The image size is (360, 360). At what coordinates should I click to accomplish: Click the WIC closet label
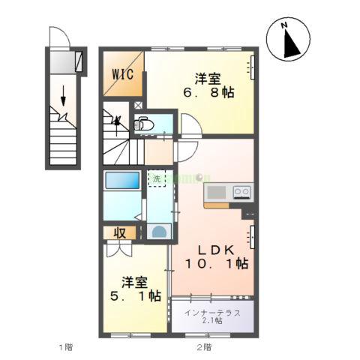[123, 74]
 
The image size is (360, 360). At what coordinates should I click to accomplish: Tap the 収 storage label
[119, 233]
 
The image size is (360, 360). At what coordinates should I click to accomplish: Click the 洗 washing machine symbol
[157, 179]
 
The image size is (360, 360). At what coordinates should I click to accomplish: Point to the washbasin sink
[158, 232]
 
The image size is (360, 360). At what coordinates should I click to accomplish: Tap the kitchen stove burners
[242, 192]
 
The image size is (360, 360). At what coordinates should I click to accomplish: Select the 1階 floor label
[66, 346]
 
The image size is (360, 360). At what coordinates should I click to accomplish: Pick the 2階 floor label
[204, 346]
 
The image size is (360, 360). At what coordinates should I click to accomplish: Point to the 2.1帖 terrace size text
[212, 321]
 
